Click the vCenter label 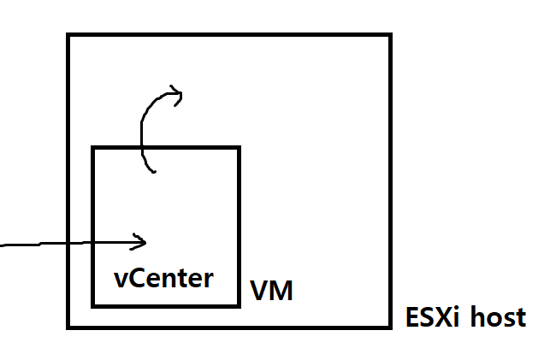click(163, 278)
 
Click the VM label click(271, 292)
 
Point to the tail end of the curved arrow click(154, 172)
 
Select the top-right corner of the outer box click(390, 36)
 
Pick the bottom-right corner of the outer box click(390, 327)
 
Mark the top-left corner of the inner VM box click(93, 148)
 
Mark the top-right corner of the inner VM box click(239, 148)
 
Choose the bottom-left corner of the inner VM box click(93, 305)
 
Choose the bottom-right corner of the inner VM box click(239, 305)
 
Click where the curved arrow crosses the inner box click(141, 148)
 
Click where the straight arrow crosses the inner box click(93, 244)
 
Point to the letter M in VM click(281, 292)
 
